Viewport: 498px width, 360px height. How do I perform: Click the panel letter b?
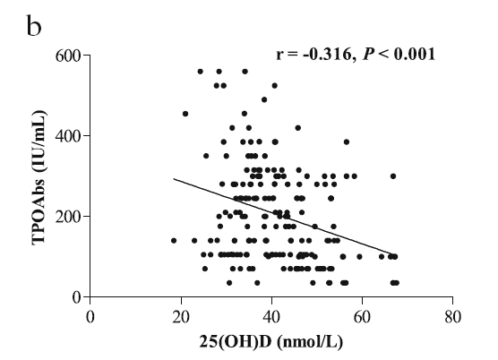[34, 25]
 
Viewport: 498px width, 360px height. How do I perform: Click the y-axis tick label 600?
[68, 56]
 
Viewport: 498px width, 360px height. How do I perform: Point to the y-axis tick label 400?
[68, 136]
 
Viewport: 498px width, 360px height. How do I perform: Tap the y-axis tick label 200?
[68, 217]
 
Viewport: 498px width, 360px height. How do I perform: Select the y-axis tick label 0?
[77, 297]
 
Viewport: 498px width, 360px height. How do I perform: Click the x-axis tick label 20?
[181, 317]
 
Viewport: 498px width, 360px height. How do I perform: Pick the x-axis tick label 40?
[272, 317]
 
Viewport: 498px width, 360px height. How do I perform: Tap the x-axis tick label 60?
[363, 317]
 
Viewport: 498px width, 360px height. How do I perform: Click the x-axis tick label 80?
[453, 317]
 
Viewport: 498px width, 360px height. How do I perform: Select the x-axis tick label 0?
[90, 317]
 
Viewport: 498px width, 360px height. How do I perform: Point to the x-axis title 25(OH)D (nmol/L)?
[271, 342]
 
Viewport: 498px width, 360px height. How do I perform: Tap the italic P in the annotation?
[368, 54]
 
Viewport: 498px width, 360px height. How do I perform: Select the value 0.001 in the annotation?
[414, 54]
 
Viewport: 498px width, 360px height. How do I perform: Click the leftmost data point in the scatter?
[174, 241]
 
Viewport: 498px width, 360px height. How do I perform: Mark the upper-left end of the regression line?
[174, 179]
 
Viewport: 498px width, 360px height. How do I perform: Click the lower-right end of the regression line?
[393, 254]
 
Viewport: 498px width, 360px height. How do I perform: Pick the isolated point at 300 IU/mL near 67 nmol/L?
[393, 176]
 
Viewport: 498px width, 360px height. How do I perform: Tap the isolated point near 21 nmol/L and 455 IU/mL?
[185, 114]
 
